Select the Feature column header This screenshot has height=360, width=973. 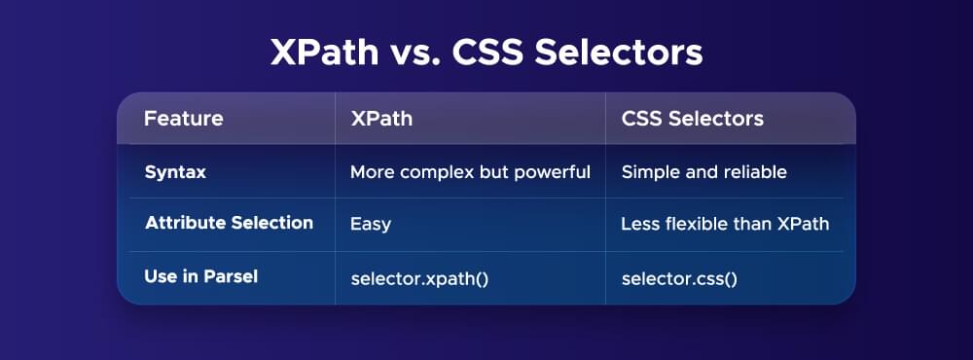183,120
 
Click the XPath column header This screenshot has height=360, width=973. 380,120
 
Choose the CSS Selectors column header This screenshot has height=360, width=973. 692,120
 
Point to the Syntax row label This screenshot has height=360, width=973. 175,172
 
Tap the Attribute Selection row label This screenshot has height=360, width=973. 229,223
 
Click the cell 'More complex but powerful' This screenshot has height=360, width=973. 470,172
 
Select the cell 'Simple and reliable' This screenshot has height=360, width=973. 703,172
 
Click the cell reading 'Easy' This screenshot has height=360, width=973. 370,224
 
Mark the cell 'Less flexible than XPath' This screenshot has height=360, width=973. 725,224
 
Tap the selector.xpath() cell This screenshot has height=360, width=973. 418,278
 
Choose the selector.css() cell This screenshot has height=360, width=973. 679,278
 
